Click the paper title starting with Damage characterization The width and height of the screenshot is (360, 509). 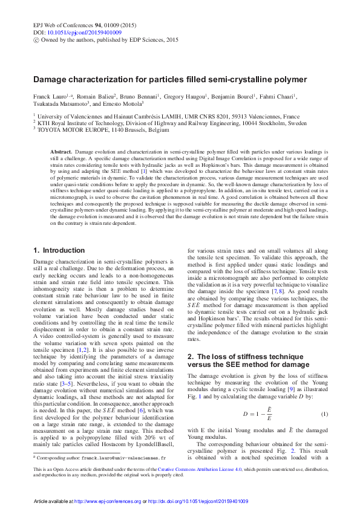170,79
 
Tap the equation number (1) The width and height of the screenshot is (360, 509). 324,397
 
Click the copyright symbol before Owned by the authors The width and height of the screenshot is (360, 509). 35,39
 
